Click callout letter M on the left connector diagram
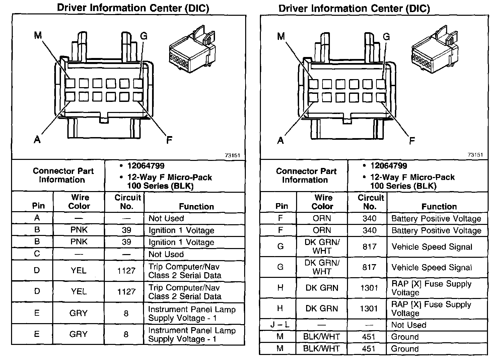(x=38, y=35)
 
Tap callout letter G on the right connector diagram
(x=386, y=37)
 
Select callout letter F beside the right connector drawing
(x=412, y=141)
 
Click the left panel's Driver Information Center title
(x=133, y=8)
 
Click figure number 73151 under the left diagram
(x=232, y=155)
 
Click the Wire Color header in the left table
(x=79, y=202)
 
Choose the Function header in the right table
(x=439, y=206)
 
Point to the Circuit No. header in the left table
(x=127, y=202)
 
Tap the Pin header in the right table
(x=281, y=206)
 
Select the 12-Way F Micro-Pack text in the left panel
(x=169, y=177)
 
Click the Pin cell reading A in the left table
(x=37, y=218)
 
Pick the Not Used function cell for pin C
(x=166, y=254)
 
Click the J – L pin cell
(x=280, y=325)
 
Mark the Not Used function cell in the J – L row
(x=409, y=325)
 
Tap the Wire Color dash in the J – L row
(x=322, y=325)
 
